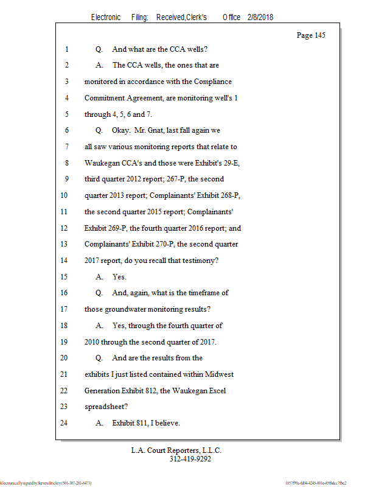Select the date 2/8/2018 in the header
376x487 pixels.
pyautogui.click(x=260, y=17)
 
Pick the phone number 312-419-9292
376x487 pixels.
pyautogui.click(x=190, y=460)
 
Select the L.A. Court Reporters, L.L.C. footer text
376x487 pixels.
pyautogui.click(x=176, y=451)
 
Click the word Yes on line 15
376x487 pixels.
pyautogui.click(x=119, y=276)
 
